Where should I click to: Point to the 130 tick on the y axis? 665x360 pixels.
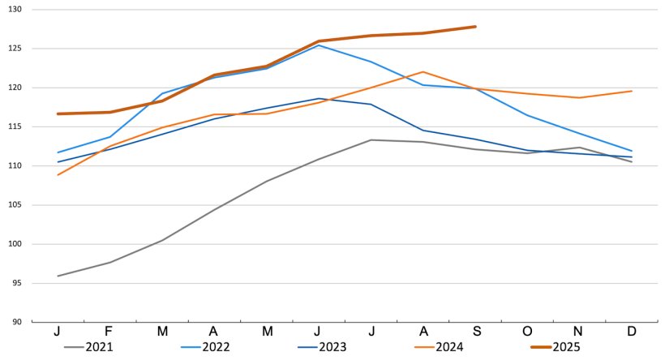point(15,9)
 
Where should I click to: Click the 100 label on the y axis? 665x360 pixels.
point(15,244)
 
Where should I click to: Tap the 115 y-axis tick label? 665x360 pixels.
point(15,126)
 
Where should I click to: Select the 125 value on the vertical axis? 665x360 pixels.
point(15,49)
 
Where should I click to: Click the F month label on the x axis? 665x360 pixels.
point(109,332)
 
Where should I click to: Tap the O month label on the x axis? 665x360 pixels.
point(527,332)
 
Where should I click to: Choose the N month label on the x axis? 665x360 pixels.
point(579,332)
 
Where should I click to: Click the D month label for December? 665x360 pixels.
point(632,332)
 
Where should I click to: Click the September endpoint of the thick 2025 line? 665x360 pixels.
point(475,27)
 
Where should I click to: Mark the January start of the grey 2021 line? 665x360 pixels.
point(58,276)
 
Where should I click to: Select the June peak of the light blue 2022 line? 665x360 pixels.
point(319,45)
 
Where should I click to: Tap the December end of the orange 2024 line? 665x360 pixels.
point(632,91)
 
